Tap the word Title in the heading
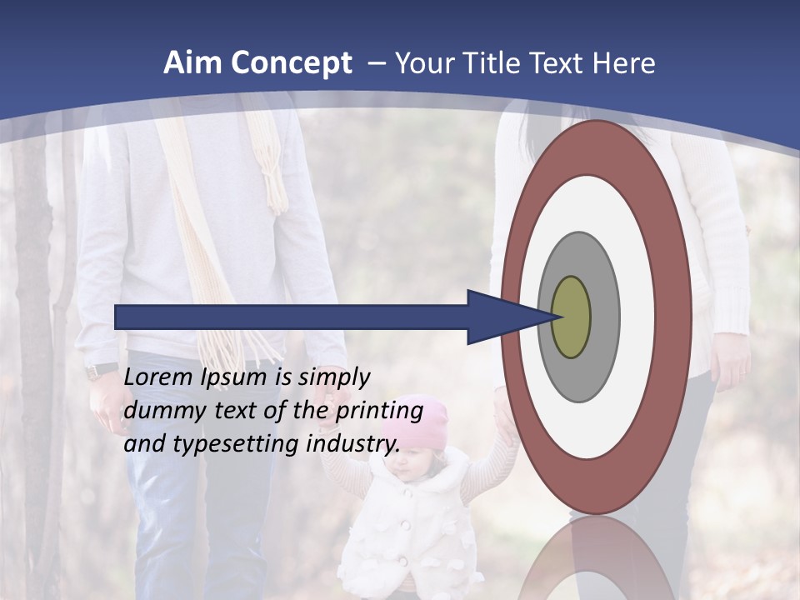518,63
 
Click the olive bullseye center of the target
571,317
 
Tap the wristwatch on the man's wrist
102,370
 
